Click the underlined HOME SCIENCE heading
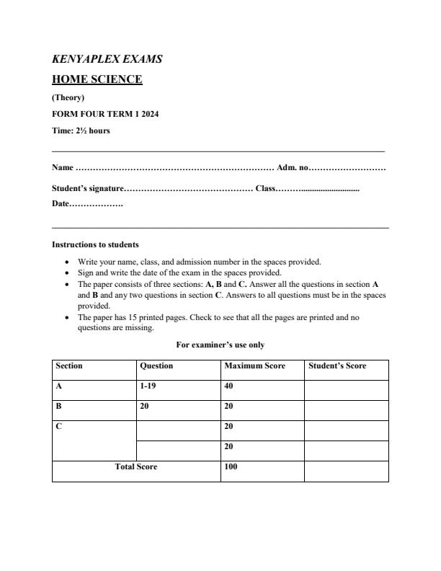[97, 79]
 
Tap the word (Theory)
[68, 97]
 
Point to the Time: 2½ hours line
[81, 130]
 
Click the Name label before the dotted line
[62, 168]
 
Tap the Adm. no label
[293, 168]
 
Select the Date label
[61, 205]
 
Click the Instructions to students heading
[95, 244]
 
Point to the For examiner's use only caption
[220, 345]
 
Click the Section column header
[69, 366]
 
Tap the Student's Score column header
[337, 366]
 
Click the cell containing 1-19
[147, 386]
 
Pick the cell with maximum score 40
[230, 386]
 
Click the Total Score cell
[136, 466]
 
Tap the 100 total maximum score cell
[231, 466]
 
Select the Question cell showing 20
[145, 406]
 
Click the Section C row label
[59, 426]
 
